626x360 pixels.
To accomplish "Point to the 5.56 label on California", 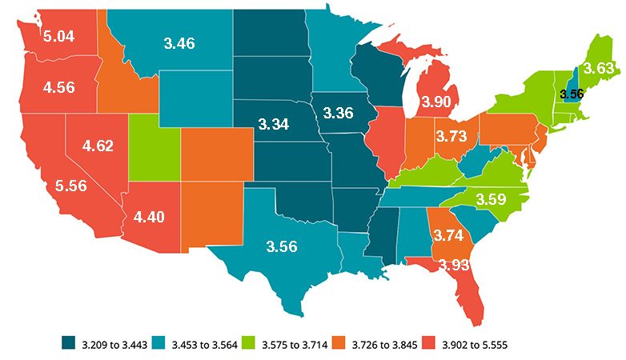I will (x=71, y=185).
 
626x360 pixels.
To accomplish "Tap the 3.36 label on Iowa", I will (x=338, y=113).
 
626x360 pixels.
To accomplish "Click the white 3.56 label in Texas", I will (x=281, y=246).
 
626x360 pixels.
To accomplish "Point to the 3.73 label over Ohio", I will (x=451, y=138).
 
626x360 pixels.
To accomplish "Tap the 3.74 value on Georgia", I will (x=448, y=234).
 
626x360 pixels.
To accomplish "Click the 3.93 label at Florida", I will (x=455, y=265).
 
